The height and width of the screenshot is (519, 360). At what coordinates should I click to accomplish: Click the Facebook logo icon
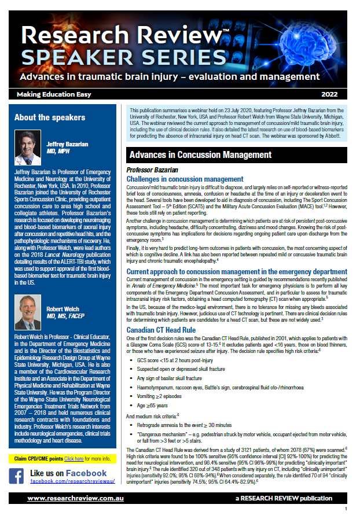pos(18,476)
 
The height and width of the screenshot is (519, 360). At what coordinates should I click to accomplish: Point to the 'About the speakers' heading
pos(50,117)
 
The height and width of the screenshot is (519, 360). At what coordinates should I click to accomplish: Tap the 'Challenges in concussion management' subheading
pos(185,179)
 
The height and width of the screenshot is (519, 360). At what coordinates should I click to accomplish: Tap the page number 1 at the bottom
pos(346,509)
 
